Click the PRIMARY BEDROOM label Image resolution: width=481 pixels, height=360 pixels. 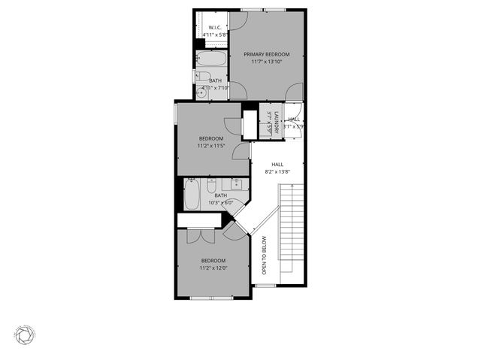click(x=266, y=54)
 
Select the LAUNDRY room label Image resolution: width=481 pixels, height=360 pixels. click(x=277, y=122)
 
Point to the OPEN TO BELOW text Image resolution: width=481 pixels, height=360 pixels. click(x=264, y=256)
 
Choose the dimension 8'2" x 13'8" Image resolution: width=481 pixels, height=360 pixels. click(x=277, y=172)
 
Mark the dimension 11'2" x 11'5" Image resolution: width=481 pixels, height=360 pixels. click(x=211, y=146)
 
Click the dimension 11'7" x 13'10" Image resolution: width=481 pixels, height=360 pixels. click(x=266, y=62)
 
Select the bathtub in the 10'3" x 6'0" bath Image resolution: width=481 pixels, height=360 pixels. click(x=192, y=197)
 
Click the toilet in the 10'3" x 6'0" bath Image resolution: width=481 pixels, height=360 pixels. click(x=211, y=184)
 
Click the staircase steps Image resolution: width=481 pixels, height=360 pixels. click(x=292, y=233)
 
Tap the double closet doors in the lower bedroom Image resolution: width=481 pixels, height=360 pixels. click(x=201, y=234)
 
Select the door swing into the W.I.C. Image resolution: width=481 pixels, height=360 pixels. click(x=234, y=20)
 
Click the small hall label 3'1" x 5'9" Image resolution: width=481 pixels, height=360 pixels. click(x=294, y=123)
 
